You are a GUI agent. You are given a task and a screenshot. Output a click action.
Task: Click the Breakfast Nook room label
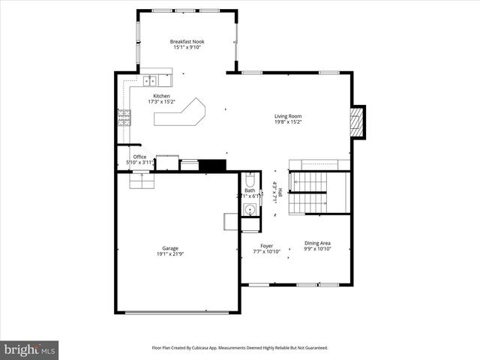tap(187, 42)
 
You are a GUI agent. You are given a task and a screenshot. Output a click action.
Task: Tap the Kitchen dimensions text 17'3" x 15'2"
tap(161, 103)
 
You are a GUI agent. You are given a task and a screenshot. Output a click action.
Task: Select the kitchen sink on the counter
tap(150, 79)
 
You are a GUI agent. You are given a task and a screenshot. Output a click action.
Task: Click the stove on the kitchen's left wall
tap(123, 117)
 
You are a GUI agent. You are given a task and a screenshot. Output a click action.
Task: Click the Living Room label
tap(287, 116)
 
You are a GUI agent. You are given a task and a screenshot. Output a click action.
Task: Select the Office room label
tap(139, 157)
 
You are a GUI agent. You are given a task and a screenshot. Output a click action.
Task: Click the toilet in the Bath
tap(250, 181)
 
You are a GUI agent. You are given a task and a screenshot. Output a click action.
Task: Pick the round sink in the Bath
tap(250, 209)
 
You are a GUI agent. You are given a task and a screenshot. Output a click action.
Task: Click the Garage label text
tap(170, 248)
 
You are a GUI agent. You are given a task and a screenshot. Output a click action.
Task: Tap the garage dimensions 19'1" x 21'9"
tap(170, 254)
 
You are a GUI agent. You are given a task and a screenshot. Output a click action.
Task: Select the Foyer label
tap(266, 245)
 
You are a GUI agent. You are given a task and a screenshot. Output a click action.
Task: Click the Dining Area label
tap(317, 243)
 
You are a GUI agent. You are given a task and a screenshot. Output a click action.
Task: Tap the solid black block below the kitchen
tap(213, 165)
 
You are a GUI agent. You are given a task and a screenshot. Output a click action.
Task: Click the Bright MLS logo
tap(30, 349)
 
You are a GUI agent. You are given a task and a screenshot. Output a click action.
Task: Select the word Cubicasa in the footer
tap(211, 348)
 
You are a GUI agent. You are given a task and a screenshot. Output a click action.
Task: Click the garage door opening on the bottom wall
tap(176, 313)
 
